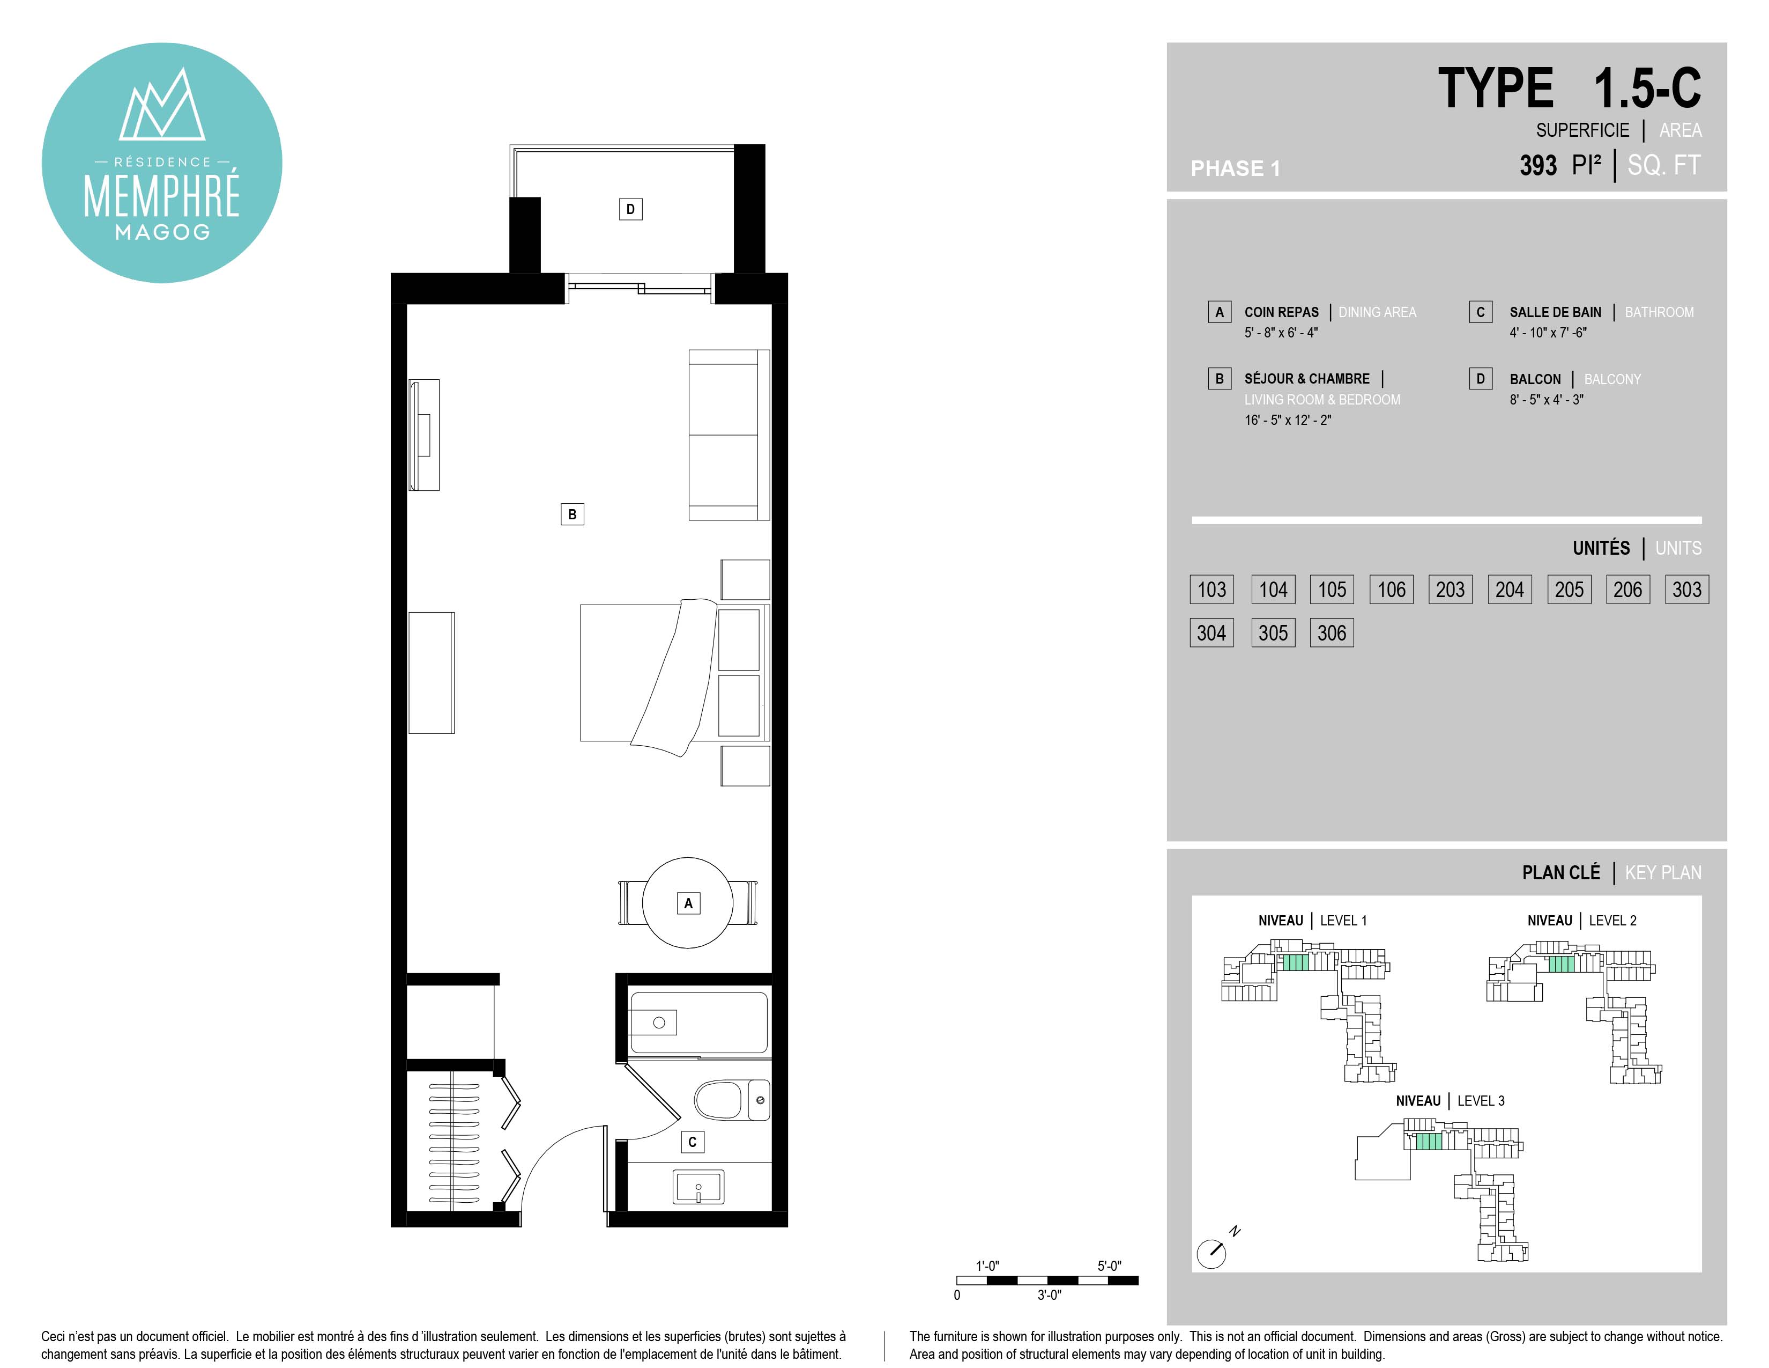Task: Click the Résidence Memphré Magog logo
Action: point(162,163)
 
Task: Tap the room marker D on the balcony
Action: point(630,209)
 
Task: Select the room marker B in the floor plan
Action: point(572,514)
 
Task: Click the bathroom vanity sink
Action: point(698,1187)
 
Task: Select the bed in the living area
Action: point(674,673)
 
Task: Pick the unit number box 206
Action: point(1627,589)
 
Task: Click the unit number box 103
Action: point(1211,589)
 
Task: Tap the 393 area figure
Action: point(1538,165)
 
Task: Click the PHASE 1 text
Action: point(1235,168)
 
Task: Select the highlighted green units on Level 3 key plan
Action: point(1429,1141)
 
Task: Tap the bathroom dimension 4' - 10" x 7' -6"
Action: point(1548,332)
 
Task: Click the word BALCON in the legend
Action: point(1535,379)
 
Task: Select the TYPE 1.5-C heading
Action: point(1569,89)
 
